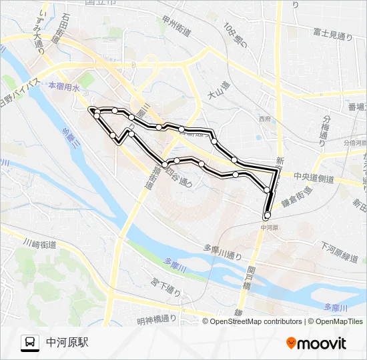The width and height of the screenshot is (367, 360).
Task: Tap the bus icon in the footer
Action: point(30,343)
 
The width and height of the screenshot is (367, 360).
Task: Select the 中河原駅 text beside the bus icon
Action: point(67,343)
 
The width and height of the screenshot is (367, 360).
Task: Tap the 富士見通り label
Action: point(332,35)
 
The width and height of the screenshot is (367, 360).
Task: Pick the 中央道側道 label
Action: point(316,178)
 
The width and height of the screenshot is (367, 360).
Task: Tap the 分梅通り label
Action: point(326,126)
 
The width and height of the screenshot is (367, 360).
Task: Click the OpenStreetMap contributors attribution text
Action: point(256,321)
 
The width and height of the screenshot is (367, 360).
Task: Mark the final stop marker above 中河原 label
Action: point(267,215)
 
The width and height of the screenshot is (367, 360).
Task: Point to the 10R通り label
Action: point(235,38)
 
